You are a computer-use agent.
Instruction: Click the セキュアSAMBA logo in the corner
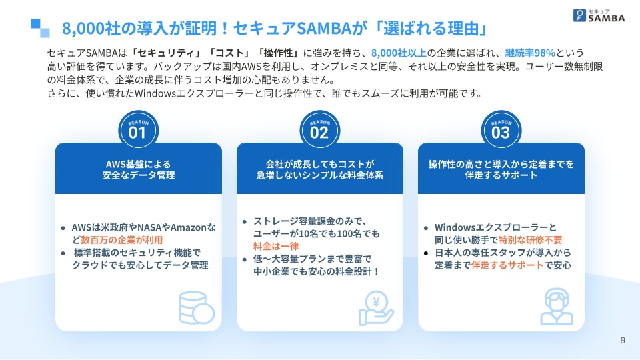click(599, 15)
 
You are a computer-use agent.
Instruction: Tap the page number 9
click(623, 341)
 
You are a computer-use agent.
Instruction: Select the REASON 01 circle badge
click(139, 130)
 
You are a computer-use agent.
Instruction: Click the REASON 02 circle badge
click(319, 130)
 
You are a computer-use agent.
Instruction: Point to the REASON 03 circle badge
click(501, 130)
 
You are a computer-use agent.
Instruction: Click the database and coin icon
click(197, 308)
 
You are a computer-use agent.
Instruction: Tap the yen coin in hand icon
click(376, 308)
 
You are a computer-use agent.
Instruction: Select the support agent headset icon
click(557, 307)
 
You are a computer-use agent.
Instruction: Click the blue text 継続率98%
click(530, 53)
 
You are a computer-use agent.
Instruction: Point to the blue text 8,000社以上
click(399, 53)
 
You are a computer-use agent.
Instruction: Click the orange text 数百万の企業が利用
click(121, 240)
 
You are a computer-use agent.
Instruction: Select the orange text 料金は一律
click(276, 246)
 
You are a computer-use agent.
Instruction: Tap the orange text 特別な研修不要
click(530, 240)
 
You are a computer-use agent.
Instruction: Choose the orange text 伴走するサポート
click(507, 265)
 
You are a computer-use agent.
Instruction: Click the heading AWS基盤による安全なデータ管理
click(139, 169)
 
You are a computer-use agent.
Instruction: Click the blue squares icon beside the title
click(40, 28)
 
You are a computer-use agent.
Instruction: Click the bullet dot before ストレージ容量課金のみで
click(245, 222)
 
